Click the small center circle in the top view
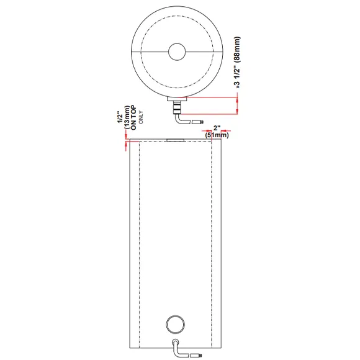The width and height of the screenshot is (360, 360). (178, 52)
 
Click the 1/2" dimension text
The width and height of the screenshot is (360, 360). (120, 119)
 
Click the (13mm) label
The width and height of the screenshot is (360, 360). (127, 118)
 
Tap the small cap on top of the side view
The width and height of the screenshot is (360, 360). (176, 140)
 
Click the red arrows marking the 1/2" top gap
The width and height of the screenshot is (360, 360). (127, 143)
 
